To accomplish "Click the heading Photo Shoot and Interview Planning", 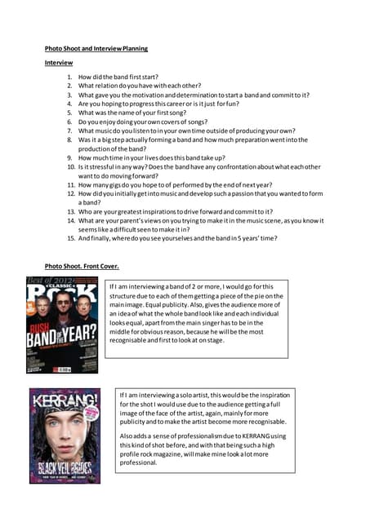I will (96, 49).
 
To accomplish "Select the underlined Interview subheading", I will (58, 63).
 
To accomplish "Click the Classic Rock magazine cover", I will (62, 325).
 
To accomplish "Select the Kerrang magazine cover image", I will (65, 435).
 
